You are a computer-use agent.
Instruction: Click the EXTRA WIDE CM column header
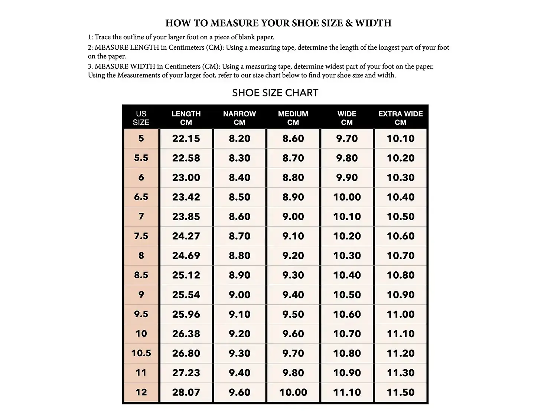[400, 118]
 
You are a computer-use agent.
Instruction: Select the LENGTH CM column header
[186, 118]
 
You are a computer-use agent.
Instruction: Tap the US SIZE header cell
[141, 118]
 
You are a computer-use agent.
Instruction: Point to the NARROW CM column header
[240, 118]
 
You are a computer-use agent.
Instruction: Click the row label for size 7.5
[141, 236]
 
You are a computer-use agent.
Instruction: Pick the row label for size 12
[141, 392]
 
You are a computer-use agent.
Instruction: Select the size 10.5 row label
[141, 353]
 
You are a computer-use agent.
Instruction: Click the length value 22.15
[186, 139]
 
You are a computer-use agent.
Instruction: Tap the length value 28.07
[186, 392]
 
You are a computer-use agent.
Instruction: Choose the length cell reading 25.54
[186, 295]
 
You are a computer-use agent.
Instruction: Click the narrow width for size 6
[240, 178]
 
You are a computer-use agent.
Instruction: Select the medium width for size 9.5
[293, 314]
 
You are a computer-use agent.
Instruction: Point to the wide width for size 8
[347, 256]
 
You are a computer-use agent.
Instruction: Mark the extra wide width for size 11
[400, 373]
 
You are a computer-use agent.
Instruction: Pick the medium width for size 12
[293, 392]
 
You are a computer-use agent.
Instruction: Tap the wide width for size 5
[347, 139]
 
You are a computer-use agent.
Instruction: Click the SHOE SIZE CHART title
[275, 93]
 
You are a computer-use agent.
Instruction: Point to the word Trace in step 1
[102, 37]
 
